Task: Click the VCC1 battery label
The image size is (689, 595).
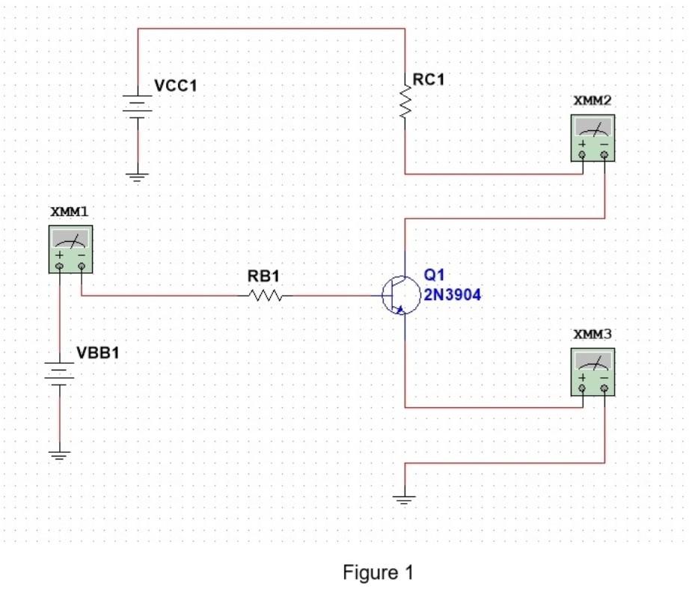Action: pos(176,86)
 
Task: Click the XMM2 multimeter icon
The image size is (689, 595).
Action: pos(592,138)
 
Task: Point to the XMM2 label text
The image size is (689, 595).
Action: pos(592,100)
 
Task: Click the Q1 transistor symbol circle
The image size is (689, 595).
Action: pos(396,296)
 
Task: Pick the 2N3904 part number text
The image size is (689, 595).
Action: pos(453,295)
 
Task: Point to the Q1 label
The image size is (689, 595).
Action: pos(434,275)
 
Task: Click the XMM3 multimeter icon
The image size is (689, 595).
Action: pos(592,371)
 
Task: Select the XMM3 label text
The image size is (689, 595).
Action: pos(592,334)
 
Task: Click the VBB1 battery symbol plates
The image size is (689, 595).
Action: pos(58,371)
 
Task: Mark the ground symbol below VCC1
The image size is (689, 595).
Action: pos(138,177)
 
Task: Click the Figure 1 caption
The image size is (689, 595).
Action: pos(378,573)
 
